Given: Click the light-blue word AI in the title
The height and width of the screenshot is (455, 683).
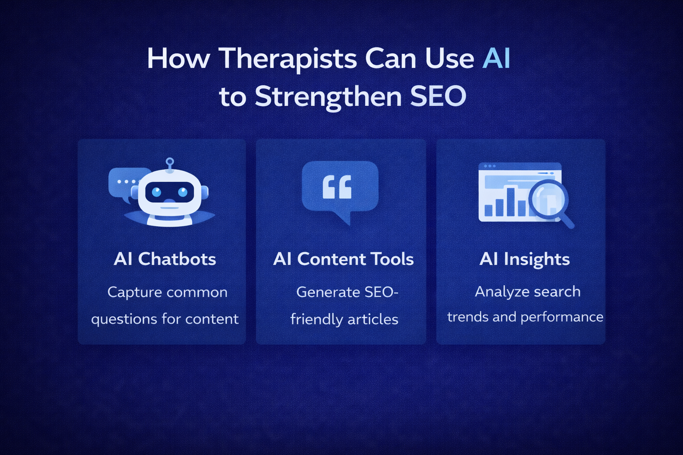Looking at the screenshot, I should pyautogui.click(x=496, y=58).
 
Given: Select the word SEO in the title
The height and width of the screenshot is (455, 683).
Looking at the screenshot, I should pyautogui.click(x=438, y=96).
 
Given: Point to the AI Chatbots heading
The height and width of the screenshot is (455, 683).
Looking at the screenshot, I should pyautogui.click(x=165, y=259).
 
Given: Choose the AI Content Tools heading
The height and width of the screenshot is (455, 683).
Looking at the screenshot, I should pyautogui.click(x=343, y=259).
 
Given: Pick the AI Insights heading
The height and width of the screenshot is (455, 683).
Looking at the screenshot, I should pyautogui.click(x=525, y=259).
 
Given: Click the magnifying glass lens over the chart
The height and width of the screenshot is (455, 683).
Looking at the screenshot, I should pyautogui.click(x=548, y=199).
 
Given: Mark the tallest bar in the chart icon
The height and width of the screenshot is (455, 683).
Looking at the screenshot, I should pyautogui.click(x=511, y=202).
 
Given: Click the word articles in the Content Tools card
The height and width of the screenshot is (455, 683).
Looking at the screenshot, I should pyautogui.click(x=373, y=319).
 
